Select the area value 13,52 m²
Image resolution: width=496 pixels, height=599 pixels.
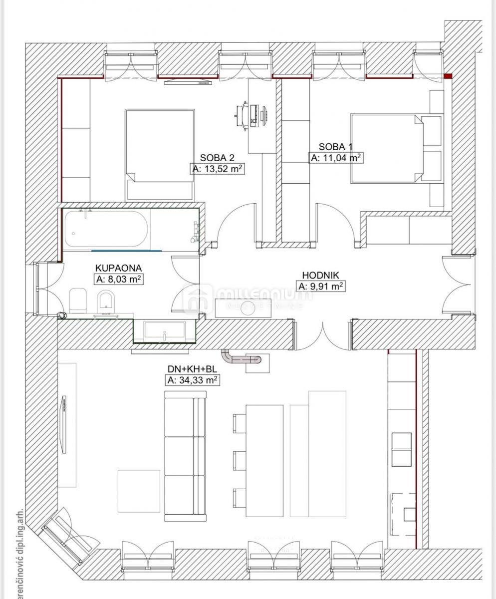218,169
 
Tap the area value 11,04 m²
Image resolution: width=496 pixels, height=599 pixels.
335,158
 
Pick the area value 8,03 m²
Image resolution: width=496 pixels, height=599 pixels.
119,280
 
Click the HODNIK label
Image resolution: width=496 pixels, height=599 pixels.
321,275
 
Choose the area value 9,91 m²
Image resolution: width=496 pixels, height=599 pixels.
321,287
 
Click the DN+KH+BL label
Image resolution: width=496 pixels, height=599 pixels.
192,369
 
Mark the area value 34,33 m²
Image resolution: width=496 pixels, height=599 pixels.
192,381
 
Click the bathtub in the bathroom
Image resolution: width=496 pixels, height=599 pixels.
106,229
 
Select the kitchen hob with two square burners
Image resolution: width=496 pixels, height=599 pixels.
401,449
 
